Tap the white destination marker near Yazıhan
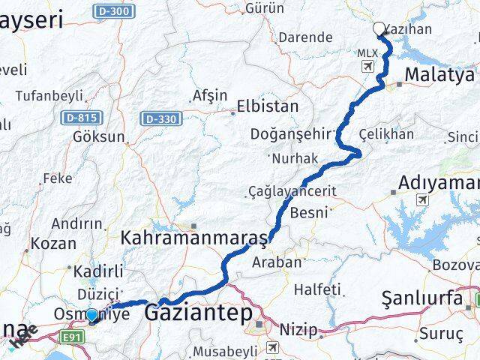379,29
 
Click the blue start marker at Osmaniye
91,316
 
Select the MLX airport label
367,53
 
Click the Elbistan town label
267,106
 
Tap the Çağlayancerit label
292,191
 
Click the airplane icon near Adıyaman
423,200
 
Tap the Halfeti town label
317,289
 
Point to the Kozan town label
55,243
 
